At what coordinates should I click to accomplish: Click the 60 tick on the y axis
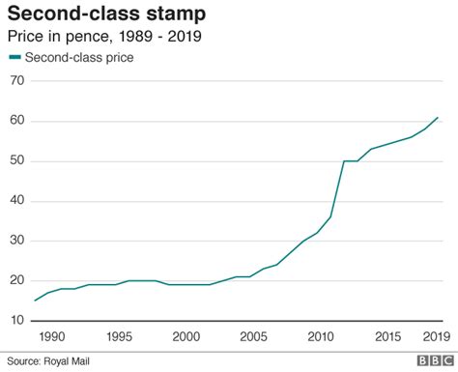[x=15, y=121]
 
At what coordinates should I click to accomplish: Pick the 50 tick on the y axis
[x=15, y=160]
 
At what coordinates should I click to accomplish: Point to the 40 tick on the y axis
[x=15, y=200]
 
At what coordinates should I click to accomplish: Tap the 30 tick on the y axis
[x=15, y=241]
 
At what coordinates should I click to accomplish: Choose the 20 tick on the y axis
[x=15, y=280]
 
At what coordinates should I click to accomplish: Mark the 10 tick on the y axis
[x=15, y=320]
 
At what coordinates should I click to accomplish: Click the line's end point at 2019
[x=438, y=117]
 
